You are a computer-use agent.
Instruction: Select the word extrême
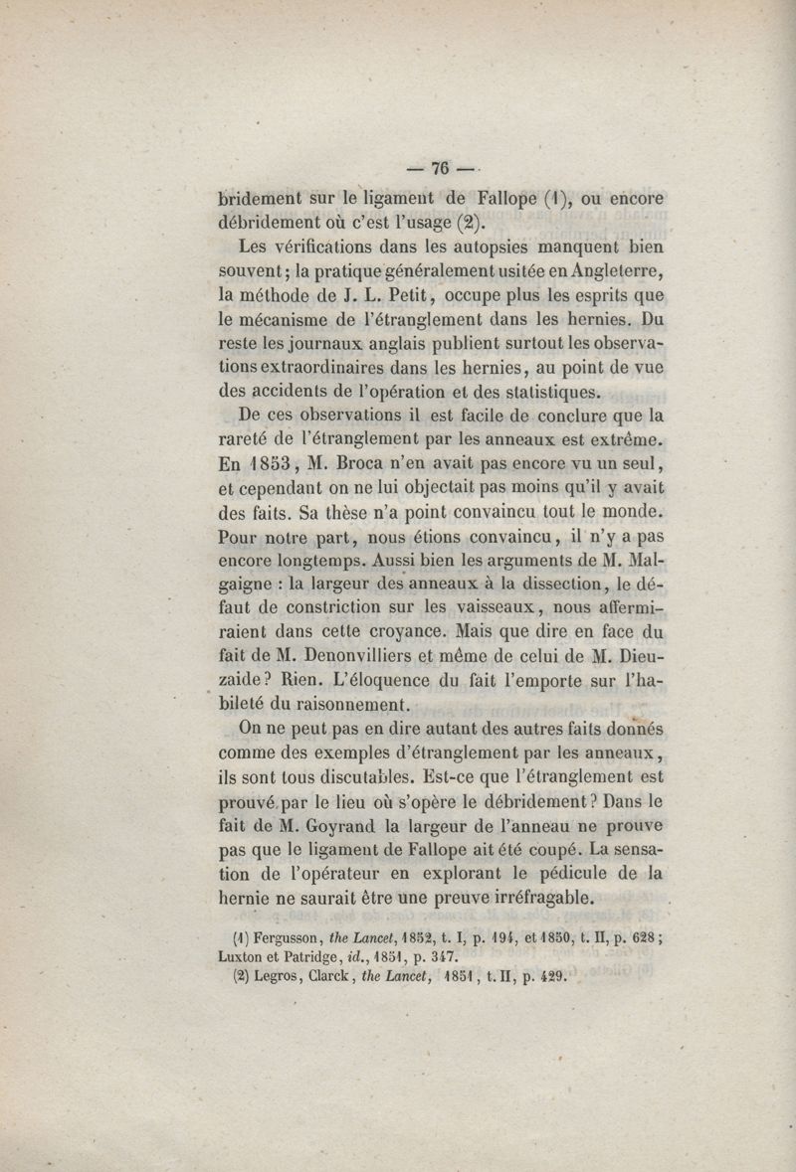coord(630,439)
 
